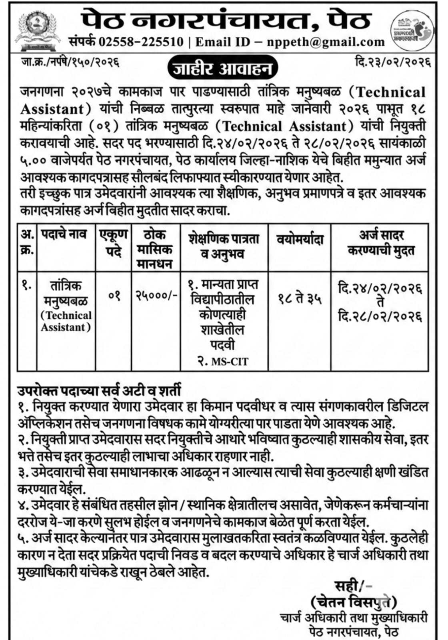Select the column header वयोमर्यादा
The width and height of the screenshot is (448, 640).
pyautogui.click(x=300, y=240)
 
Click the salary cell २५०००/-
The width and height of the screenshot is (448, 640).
pyautogui.click(x=156, y=296)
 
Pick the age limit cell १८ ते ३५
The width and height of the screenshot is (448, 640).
pyautogui.click(x=300, y=298)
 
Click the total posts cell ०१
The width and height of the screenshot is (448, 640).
pyautogui.click(x=114, y=296)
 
